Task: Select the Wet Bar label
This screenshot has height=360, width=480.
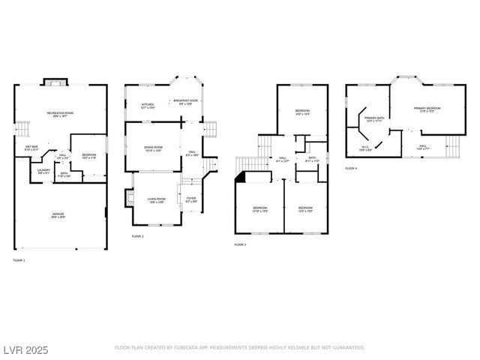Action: (31, 148)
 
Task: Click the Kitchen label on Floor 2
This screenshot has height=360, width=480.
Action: (148, 106)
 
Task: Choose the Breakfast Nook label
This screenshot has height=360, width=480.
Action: (185, 102)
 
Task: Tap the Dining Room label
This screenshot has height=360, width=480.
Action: (153, 148)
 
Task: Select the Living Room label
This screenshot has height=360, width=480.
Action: (156, 200)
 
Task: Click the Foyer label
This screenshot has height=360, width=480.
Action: (191, 200)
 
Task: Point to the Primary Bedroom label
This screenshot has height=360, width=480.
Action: (427, 109)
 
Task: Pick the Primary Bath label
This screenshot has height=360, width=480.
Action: (374, 120)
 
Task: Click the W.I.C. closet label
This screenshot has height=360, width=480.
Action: (365, 148)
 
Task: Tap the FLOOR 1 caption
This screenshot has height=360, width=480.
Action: (19, 260)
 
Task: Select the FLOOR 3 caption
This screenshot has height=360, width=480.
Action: (240, 244)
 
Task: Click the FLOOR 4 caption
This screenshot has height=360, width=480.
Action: (351, 169)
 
